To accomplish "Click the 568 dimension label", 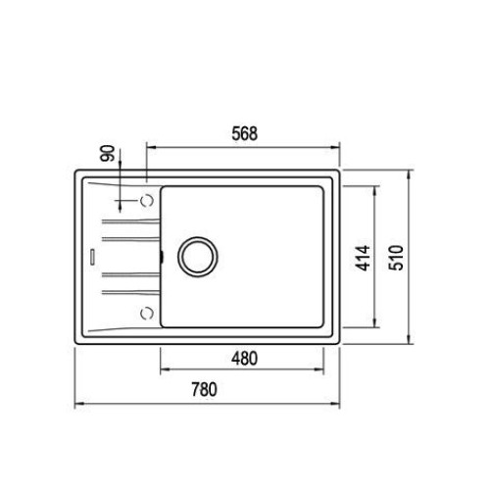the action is pos(245,133).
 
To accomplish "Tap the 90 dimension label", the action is pos(108,153).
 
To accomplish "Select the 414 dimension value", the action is pos(363,258).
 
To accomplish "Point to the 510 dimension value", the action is pos(396,258).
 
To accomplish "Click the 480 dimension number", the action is pos(244,359).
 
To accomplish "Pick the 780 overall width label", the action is pos(204,389).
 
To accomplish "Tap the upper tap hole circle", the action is pos(147,200).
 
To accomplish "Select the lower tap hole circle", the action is pos(147,314).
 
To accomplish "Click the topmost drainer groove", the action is pos(131,221).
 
